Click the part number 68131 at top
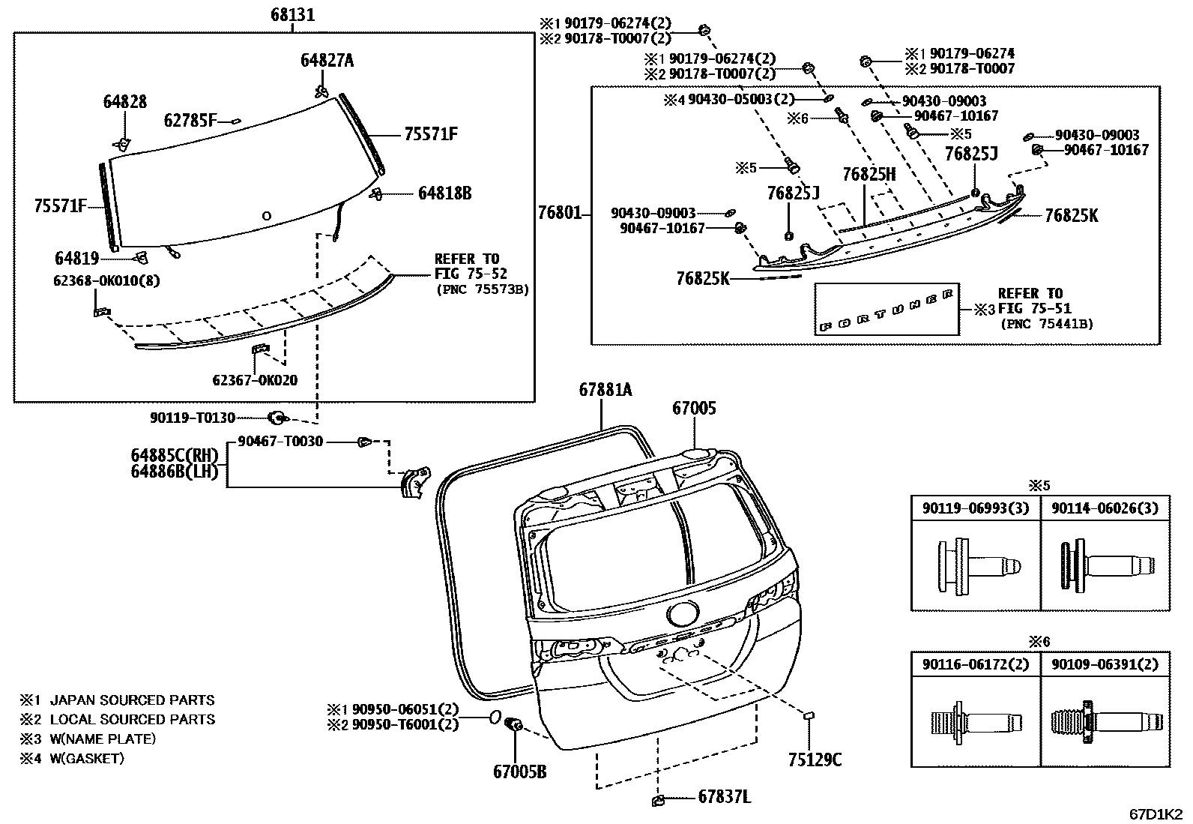click(x=292, y=14)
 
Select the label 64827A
click(x=327, y=61)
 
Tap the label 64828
click(x=125, y=102)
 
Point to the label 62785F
click(x=190, y=120)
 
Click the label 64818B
click(x=444, y=193)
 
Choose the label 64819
click(x=76, y=259)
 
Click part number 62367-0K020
click(x=255, y=380)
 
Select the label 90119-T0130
click(x=193, y=418)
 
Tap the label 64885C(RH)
click(x=174, y=455)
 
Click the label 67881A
click(x=605, y=389)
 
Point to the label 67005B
click(x=519, y=770)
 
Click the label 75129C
click(x=815, y=760)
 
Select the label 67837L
click(x=724, y=798)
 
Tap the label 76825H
click(x=869, y=175)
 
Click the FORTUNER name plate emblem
click(x=887, y=310)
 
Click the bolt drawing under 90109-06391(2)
click(x=1105, y=723)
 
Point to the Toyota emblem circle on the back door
click(x=682, y=615)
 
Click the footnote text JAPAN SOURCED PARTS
click(x=132, y=700)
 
